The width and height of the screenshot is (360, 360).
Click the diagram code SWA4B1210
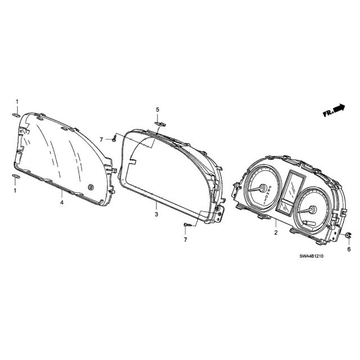[x=311, y=256]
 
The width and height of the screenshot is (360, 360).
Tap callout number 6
[x=349, y=249]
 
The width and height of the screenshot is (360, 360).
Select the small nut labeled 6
[x=348, y=235]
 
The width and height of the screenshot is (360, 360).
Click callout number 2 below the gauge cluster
[x=276, y=232]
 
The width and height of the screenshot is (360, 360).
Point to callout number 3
[x=156, y=214]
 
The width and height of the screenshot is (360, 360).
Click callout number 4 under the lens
[x=62, y=202]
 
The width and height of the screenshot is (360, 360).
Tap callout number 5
[x=157, y=110]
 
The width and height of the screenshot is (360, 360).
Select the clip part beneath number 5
[x=160, y=124]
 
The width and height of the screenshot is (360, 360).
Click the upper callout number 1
[x=17, y=101]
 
